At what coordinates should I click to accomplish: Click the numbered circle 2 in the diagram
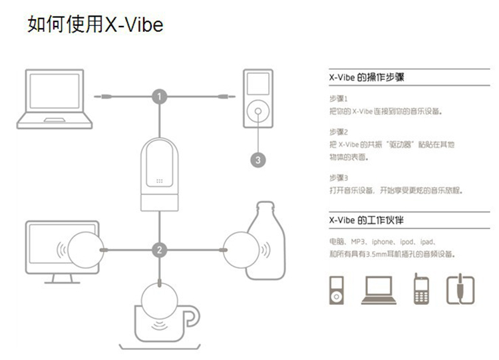(x=159, y=250)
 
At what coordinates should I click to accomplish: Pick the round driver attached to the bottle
(x=241, y=250)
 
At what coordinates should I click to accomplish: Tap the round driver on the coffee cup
(x=160, y=299)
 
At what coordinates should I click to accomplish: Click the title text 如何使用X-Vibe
(x=95, y=25)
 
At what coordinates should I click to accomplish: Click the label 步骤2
(x=339, y=132)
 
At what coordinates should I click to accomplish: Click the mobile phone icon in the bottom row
(x=420, y=289)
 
